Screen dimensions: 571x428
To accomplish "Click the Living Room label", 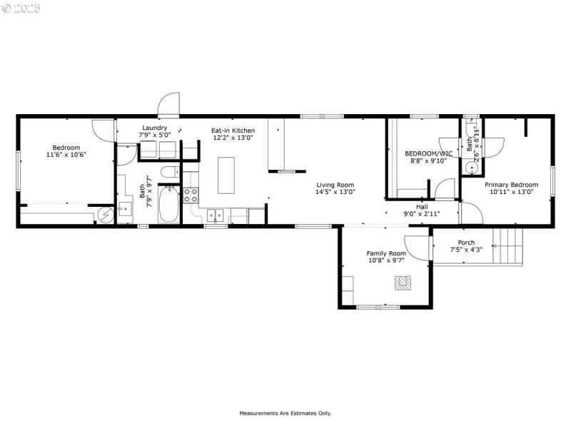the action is coord(335,185).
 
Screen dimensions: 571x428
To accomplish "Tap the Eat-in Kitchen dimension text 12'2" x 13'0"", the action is coord(233,138).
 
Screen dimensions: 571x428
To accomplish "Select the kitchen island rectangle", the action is coord(226,175).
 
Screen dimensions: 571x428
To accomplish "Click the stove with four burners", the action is coord(191,195).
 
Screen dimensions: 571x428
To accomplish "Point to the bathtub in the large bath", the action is coord(169,204).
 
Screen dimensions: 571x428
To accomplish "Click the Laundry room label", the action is coord(154,128).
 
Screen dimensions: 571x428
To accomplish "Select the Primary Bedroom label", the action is coord(511,185).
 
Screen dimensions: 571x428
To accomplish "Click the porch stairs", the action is coord(507,245).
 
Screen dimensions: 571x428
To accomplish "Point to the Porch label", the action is coord(467,243).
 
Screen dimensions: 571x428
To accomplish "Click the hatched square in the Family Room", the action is coord(403,282).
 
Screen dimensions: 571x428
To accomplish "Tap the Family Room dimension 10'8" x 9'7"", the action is coord(386,260).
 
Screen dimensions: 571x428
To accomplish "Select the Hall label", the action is coord(422,207).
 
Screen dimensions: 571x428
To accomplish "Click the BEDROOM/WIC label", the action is coord(429,153).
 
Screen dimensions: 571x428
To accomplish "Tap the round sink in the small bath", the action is coord(472,168).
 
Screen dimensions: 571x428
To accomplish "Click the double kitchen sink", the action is coord(216,215).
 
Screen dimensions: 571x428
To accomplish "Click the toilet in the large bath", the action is coord(170,172).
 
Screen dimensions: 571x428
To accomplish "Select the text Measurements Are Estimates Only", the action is coord(285,413).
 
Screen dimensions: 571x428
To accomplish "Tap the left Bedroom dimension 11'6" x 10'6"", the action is coord(66,155).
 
